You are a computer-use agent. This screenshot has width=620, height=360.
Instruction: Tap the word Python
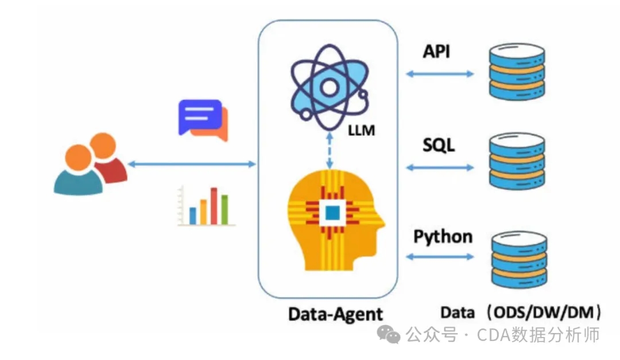click(x=443, y=236)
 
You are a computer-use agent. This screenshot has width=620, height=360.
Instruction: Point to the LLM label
click(x=361, y=131)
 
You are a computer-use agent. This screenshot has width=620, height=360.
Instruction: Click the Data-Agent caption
click(x=335, y=314)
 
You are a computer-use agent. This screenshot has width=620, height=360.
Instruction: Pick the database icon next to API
click(x=516, y=73)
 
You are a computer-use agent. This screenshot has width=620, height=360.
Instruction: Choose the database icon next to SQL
click(x=516, y=165)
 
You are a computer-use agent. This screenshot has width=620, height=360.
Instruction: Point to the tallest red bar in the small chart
click(x=214, y=206)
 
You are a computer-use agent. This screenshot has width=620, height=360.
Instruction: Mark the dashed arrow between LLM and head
click(x=328, y=150)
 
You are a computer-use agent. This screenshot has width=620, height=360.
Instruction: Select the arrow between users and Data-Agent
click(x=192, y=164)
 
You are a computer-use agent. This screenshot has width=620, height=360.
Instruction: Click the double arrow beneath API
click(x=440, y=73)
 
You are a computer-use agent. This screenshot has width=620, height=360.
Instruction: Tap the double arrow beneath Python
click(x=440, y=257)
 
